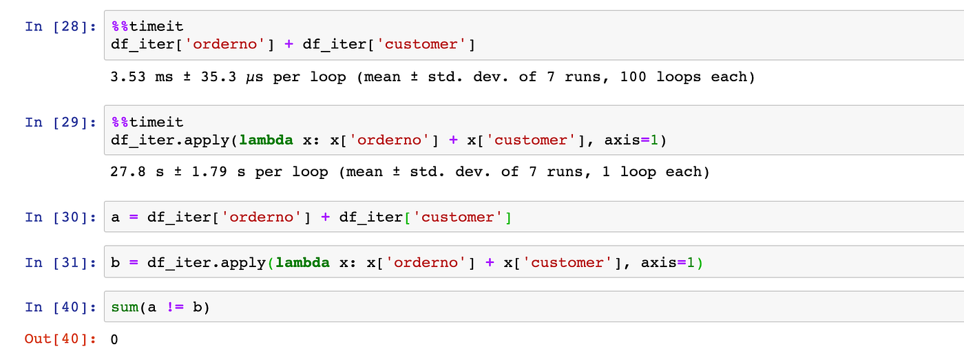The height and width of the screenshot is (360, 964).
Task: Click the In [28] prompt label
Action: (60, 27)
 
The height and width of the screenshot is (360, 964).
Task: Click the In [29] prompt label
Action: (60, 122)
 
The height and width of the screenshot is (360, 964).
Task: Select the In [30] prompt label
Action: (60, 218)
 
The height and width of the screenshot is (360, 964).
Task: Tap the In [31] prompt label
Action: (60, 263)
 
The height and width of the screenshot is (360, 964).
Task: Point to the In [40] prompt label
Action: (60, 307)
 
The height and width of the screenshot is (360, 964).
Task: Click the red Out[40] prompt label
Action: (60, 339)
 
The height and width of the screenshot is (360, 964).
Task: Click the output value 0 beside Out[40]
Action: (114, 339)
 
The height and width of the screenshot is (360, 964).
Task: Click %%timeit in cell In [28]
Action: (147, 27)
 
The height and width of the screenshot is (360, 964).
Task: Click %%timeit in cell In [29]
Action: (147, 122)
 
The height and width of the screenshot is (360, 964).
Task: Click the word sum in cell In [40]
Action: (124, 307)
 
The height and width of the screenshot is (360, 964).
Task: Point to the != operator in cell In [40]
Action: (174, 307)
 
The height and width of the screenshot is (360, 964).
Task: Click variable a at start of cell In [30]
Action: (114, 218)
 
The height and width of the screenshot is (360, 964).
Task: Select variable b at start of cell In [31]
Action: (114, 263)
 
